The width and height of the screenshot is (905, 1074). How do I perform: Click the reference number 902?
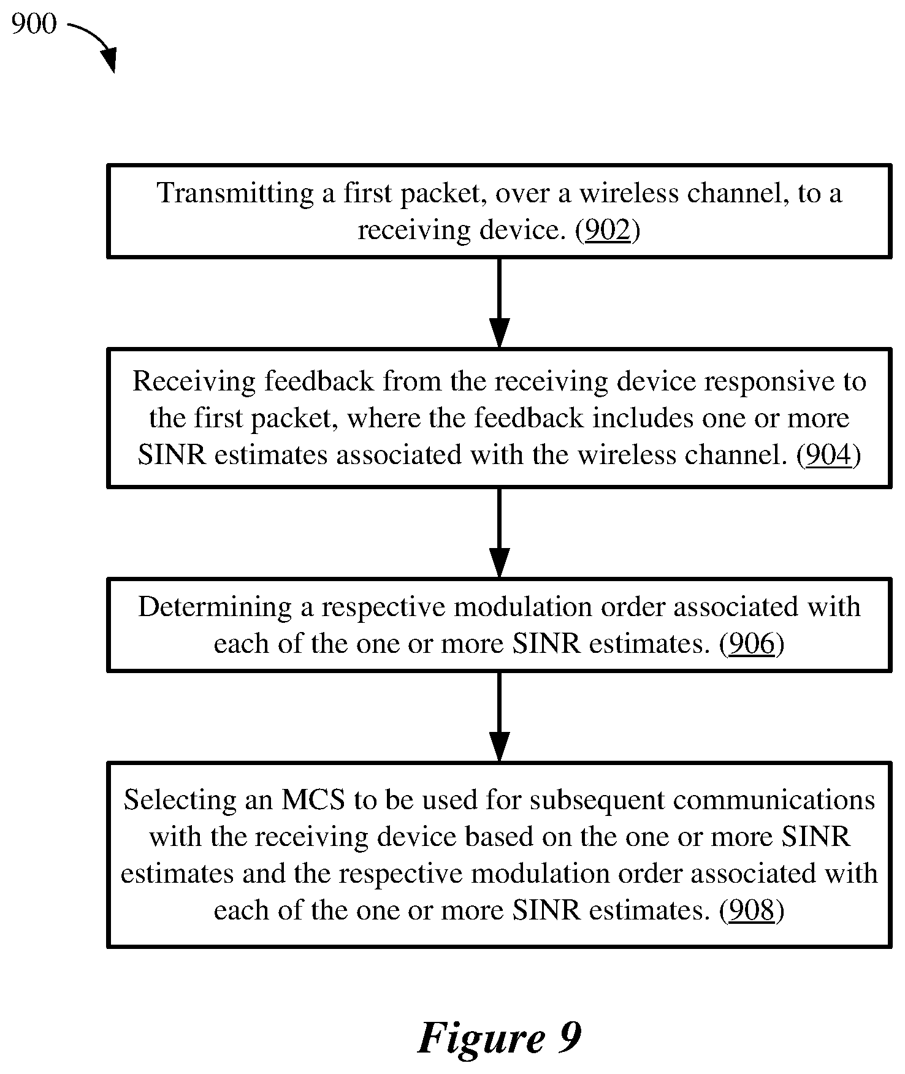[x=608, y=230]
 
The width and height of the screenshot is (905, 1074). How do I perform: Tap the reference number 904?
[x=829, y=455]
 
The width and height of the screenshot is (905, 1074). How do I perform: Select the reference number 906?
[x=752, y=644]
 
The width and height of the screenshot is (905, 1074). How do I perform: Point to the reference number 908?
[x=752, y=910]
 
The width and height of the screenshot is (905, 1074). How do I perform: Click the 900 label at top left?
[x=34, y=24]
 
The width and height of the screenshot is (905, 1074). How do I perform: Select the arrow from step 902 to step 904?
[x=499, y=303]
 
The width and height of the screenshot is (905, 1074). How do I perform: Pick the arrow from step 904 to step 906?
[x=499, y=533]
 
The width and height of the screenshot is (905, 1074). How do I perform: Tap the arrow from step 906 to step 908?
[x=499, y=717]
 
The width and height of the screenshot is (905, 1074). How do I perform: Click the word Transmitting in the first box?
[x=235, y=194]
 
